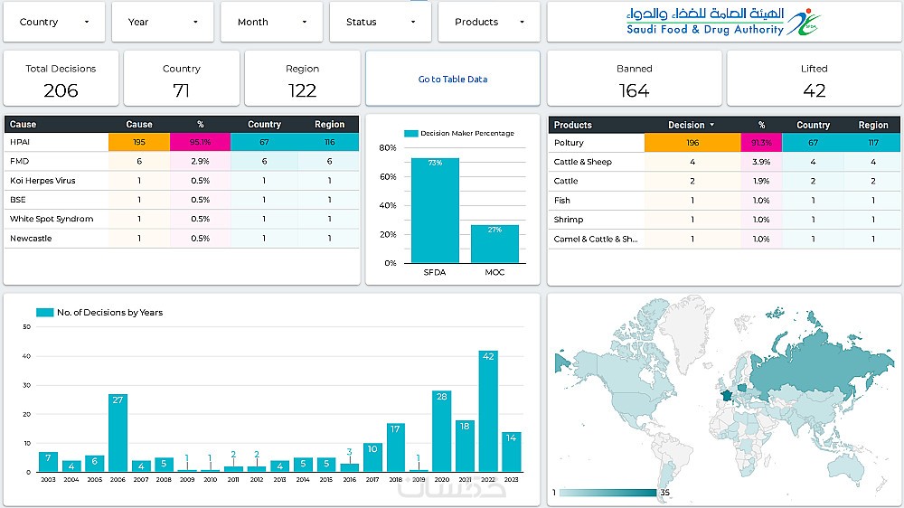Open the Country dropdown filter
(53, 22)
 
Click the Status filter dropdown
(381, 22)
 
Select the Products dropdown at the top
(489, 22)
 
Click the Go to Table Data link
(452, 80)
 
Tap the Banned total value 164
(634, 90)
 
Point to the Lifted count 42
(814, 90)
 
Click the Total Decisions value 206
(61, 90)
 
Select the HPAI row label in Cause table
(20, 142)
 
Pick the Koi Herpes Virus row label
(42, 181)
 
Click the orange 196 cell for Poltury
(692, 143)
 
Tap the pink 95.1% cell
(200, 142)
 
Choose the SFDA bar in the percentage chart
(435, 211)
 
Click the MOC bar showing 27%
(494, 243)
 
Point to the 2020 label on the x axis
(441, 479)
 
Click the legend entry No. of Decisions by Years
(99, 313)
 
